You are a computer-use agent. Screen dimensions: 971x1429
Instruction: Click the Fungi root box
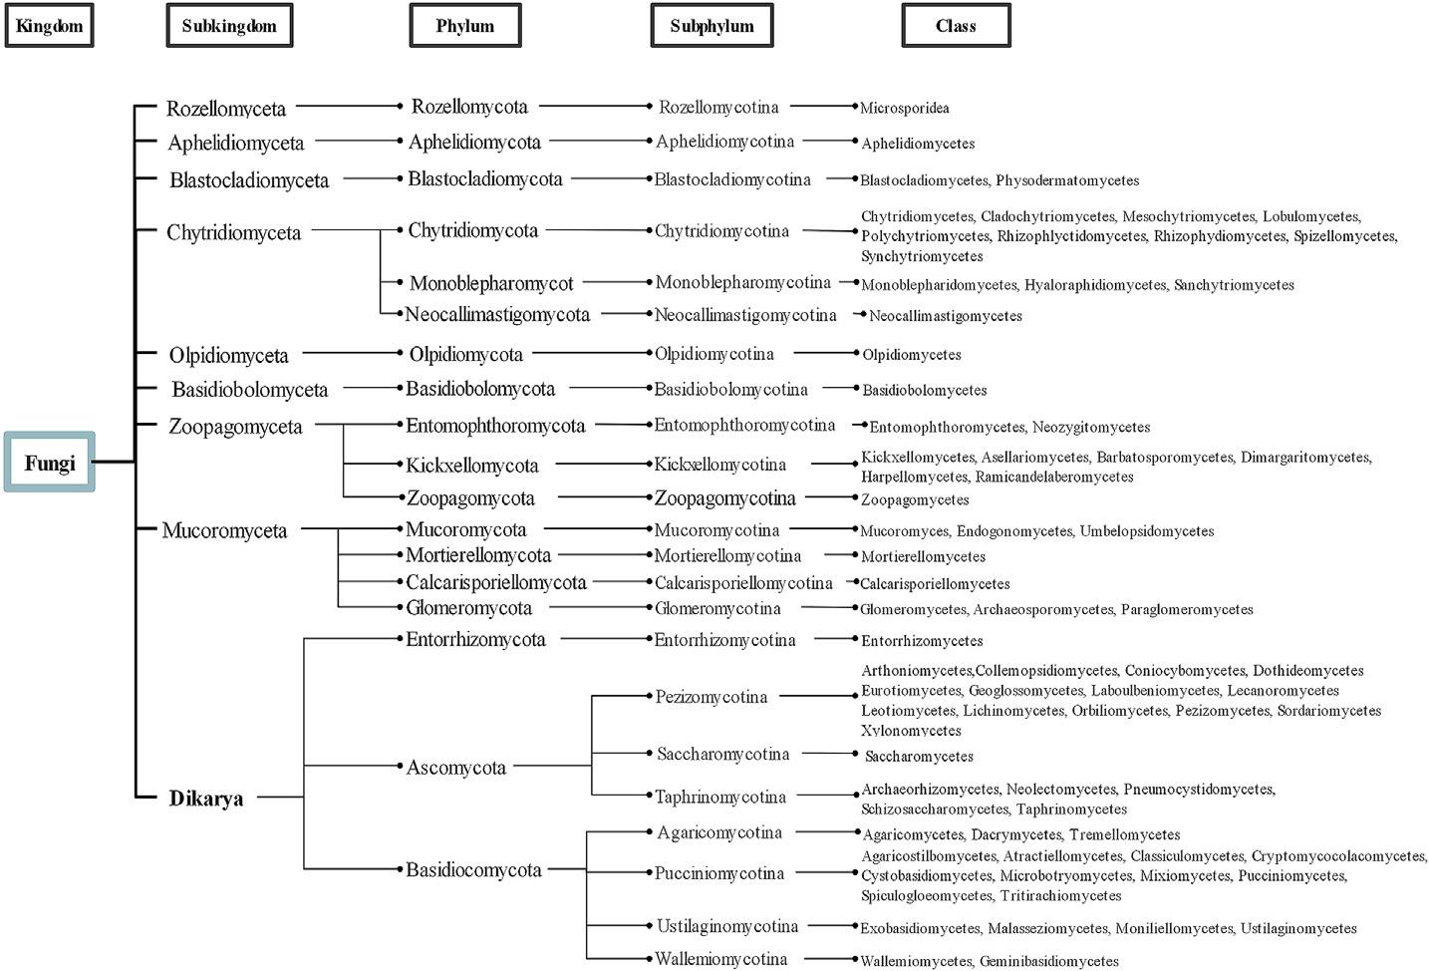(x=50, y=463)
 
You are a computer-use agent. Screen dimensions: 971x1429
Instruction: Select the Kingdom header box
(x=49, y=26)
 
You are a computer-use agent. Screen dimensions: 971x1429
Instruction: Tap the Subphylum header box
(x=712, y=26)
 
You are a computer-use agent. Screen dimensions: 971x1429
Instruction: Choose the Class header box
(x=956, y=26)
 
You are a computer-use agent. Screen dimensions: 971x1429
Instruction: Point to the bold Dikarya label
(x=206, y=799)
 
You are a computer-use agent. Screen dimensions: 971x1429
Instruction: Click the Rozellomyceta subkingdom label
(x=226, y=109)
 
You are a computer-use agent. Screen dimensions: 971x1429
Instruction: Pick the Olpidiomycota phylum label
(x=465, y=354)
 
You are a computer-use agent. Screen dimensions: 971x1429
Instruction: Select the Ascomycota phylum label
(x=456, y=768)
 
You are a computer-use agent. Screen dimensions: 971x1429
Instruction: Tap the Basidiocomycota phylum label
(x=473, y=870)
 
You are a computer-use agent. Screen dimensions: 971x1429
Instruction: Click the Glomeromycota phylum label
(x=468, y=608)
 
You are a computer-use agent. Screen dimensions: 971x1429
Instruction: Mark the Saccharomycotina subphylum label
(x=722, y=755)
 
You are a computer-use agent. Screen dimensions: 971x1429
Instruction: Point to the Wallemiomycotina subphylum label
(x=720, y=959)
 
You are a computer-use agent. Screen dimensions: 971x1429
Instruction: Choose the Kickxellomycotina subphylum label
(x=719, y=465)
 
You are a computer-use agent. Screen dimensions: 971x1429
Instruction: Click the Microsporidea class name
(x=905, y=108)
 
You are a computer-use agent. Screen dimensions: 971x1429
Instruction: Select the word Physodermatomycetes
(x=1067, y=180)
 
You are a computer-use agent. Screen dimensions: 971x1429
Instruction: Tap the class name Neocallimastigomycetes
(x=946, y=316)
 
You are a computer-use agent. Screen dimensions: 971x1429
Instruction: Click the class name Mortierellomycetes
(x=924, y=557)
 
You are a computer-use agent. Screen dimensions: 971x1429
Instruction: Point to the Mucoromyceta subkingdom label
(x=225, y=530)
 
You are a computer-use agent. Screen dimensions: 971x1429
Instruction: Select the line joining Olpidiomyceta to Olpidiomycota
(x=349, y=353)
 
